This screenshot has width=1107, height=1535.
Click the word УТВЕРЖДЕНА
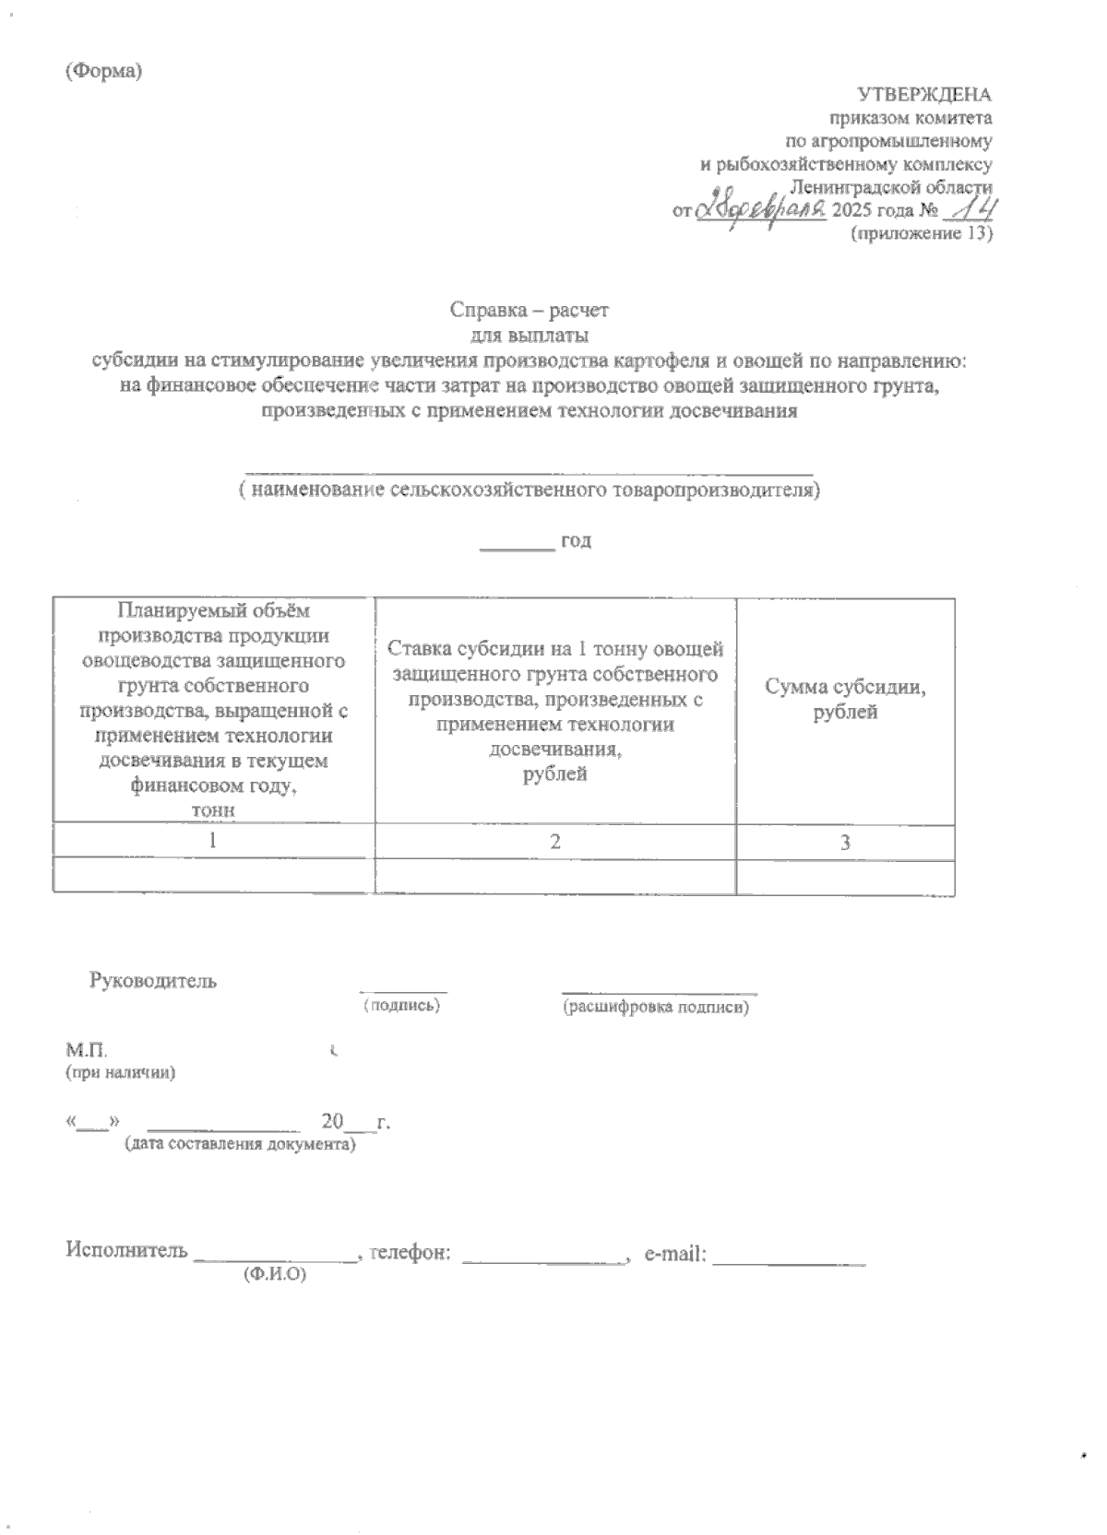point(924,94)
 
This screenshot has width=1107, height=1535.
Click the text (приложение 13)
point(920,234)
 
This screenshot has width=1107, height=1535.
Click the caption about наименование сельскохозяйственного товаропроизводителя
point(529,490)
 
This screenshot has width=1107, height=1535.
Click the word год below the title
point(575,541)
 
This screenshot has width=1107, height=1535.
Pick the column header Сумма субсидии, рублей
point(844,700)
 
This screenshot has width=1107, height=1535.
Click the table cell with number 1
point(213,841)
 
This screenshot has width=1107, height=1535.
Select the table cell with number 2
point(554,841)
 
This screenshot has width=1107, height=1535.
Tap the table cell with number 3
point(844,842)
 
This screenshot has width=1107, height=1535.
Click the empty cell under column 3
point(844,876)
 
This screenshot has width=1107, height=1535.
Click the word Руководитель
point(153,981)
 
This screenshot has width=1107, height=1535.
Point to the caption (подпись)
point(402,1005)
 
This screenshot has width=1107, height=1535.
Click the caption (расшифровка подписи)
point(656,1008)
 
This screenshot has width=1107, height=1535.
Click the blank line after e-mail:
point(790,1256)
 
